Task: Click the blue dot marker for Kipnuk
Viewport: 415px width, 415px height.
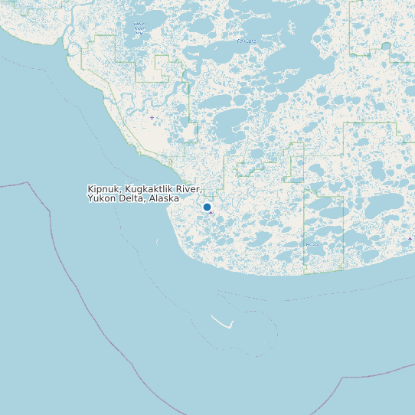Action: click(207, 207)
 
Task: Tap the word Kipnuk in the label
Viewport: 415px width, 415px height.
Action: click(103, 188)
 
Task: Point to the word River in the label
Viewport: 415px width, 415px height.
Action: click(188, 188)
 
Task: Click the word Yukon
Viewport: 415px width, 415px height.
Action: click(102, 198)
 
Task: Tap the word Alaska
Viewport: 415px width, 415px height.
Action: click(164, 198)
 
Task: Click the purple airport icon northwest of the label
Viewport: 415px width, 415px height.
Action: click(152, 117)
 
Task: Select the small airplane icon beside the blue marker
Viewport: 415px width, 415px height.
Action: click(211, 213)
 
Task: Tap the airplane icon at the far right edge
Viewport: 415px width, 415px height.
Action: click(410, 239)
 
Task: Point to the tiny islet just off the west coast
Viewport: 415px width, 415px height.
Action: click(157, 242)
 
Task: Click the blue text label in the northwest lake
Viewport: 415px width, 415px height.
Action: click(139, 28)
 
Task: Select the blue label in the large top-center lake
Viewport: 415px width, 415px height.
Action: click(247, 41)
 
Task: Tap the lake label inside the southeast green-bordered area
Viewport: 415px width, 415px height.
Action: click(312, 245)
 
